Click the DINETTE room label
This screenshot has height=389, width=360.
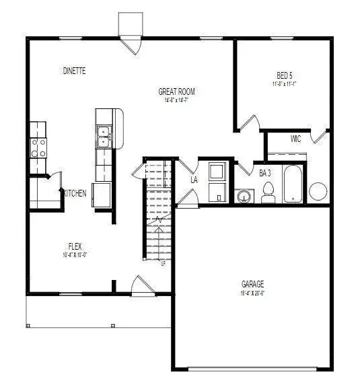coord(74,70)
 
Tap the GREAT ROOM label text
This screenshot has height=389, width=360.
coord(177,92)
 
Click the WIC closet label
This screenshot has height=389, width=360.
coord(295,139)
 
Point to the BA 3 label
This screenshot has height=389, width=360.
coord(265,173)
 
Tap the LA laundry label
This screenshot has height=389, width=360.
coord(194,180)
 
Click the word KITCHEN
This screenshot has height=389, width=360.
coord(75,193)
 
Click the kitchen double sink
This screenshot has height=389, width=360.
coord(104,137)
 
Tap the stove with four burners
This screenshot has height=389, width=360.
coord(38,147)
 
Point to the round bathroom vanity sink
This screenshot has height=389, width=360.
coord(243,196)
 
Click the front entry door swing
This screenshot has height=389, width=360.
coord(141,285)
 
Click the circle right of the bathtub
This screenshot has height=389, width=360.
coord(318,191)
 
